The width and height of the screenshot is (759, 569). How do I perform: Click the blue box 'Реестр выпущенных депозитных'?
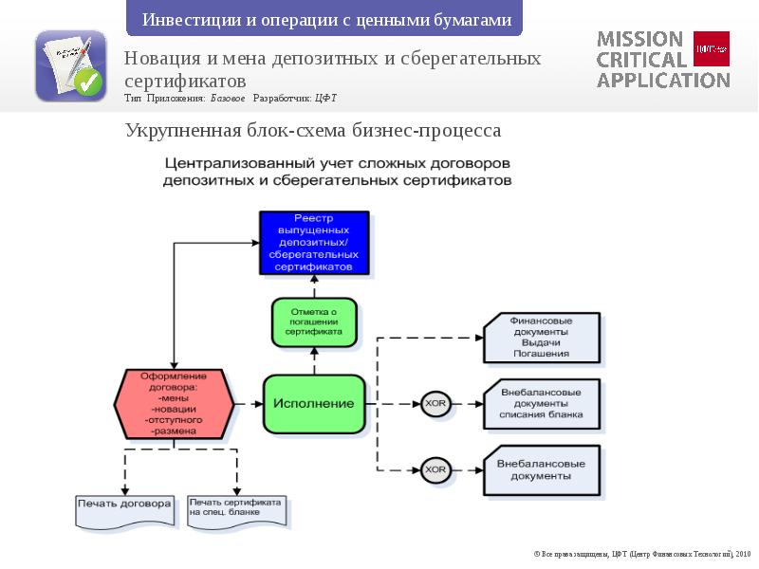point(313,243)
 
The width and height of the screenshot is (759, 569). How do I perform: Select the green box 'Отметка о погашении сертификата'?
point(314,322)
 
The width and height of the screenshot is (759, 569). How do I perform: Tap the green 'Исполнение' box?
point(313,404)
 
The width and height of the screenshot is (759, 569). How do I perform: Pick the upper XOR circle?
point(435,404)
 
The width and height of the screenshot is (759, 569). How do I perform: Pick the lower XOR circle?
point(435,468)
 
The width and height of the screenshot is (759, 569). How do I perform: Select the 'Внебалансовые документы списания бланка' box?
point(541,403)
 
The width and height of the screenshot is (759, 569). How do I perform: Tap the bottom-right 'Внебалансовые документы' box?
point(541,469)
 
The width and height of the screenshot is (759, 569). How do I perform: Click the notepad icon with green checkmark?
point(70,66)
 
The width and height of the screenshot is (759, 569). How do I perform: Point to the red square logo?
point(712,47)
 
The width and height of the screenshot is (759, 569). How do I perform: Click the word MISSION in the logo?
point(639,39)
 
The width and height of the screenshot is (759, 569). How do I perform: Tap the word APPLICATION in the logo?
point(662,80)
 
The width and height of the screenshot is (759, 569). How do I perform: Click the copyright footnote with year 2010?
point(640,552)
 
